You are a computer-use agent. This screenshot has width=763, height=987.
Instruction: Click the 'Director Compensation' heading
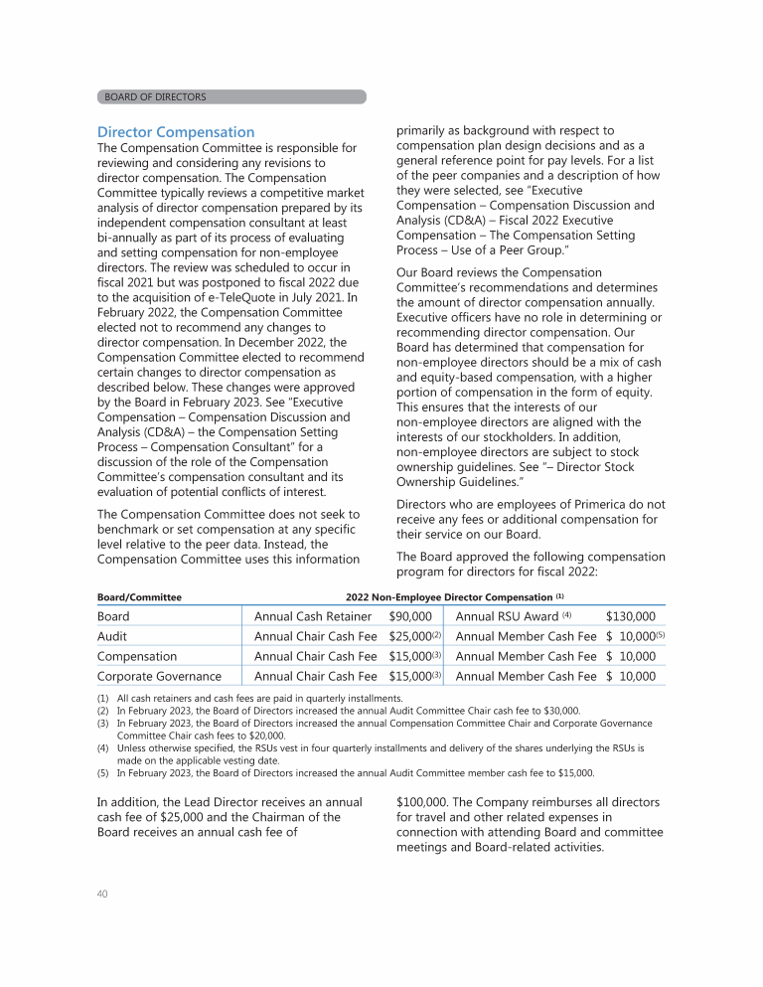176,132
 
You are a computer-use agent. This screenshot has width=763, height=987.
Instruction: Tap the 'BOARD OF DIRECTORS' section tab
156,97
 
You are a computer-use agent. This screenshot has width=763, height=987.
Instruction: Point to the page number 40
102,893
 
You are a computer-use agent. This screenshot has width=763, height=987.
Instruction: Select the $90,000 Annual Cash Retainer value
409,616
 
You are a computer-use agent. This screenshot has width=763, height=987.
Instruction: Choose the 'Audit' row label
112,636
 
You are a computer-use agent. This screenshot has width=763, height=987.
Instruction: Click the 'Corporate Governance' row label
159,676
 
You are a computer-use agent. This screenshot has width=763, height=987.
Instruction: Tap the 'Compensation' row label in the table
137,656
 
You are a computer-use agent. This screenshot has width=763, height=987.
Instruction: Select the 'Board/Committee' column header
139,597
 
